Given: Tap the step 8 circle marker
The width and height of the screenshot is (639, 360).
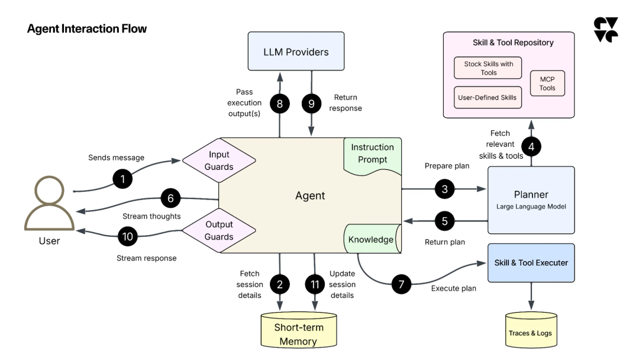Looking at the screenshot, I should (280, 104).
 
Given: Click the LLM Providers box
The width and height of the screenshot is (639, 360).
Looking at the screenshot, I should (295, 53).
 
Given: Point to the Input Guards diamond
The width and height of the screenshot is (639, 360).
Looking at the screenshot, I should (219, 160).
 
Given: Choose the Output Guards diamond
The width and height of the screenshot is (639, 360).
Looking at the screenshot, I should (219, 230).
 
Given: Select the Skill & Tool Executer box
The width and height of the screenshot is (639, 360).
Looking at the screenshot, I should (531, 262).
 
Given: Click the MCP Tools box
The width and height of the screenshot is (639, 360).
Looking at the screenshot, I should (547, 84).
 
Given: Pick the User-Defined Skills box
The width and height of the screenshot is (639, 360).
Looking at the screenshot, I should (488, 97).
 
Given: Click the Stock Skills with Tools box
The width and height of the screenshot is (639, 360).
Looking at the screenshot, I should (488, 68).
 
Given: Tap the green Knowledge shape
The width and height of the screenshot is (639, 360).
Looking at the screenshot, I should (370, 240).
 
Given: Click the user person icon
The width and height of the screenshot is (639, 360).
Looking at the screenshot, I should (49, 204).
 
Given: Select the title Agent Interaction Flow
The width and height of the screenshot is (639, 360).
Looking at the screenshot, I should (86, 29).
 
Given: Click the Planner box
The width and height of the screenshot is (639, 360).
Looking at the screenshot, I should (531, 200).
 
